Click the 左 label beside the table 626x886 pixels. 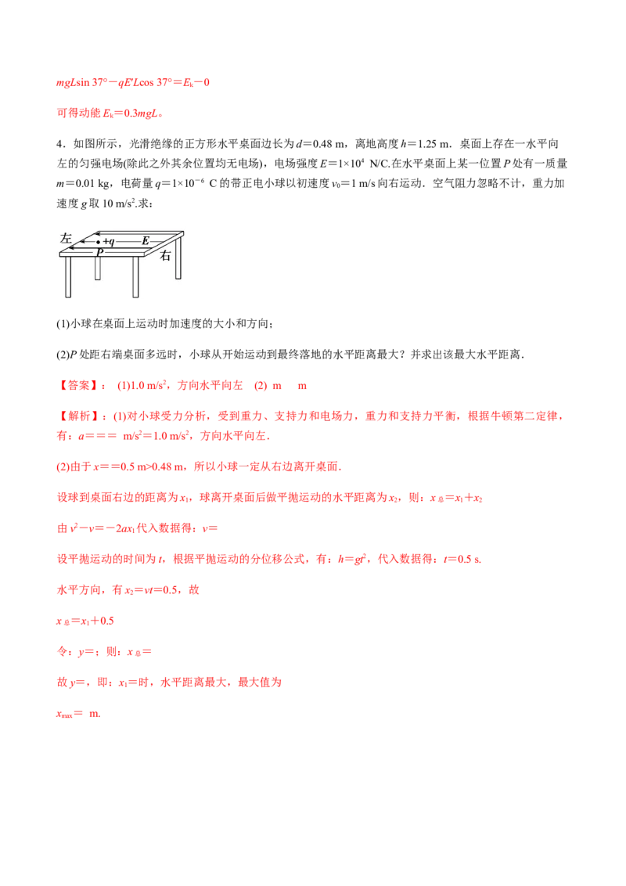[x=66, y=239]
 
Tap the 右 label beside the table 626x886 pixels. [x=165, y=256]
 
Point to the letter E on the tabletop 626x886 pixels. [x=146, y=241]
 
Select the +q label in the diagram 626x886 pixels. [x=109, y=242]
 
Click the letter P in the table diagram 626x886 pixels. [x=99, y=252]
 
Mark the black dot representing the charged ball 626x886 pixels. [x=99, y=242]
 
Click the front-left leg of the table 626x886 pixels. [x=68, y=277]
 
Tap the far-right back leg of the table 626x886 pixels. [x=178, y=257]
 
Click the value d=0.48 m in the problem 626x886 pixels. [x=320, y=144]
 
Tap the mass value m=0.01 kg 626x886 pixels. [x=83, y=184]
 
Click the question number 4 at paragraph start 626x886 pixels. [x=59, y=144]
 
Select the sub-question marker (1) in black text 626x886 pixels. [x=62, y=324]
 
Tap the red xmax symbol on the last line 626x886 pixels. [x=65, y=715]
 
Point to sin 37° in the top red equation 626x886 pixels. [x=91, y=82]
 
